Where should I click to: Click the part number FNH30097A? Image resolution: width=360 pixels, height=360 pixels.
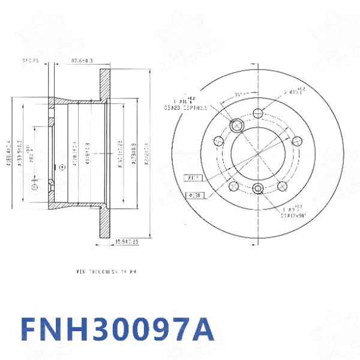(116, 330)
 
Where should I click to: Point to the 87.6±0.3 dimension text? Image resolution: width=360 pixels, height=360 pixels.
(82, 61)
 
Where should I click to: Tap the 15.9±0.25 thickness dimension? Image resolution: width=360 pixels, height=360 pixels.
(127, 242)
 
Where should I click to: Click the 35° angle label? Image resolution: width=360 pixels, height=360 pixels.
(238, 94)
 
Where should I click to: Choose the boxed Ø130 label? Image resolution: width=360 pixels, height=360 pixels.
(196, 196)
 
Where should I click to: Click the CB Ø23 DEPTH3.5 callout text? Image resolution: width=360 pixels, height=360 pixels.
(186, 107)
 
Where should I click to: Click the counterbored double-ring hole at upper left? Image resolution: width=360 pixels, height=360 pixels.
(236, 125)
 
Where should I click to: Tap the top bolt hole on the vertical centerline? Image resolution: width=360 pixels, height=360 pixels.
(259, 113)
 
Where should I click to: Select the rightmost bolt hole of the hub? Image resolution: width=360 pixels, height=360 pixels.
(296, 141)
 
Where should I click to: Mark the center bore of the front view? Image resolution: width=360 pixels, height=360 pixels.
(259, 151)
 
